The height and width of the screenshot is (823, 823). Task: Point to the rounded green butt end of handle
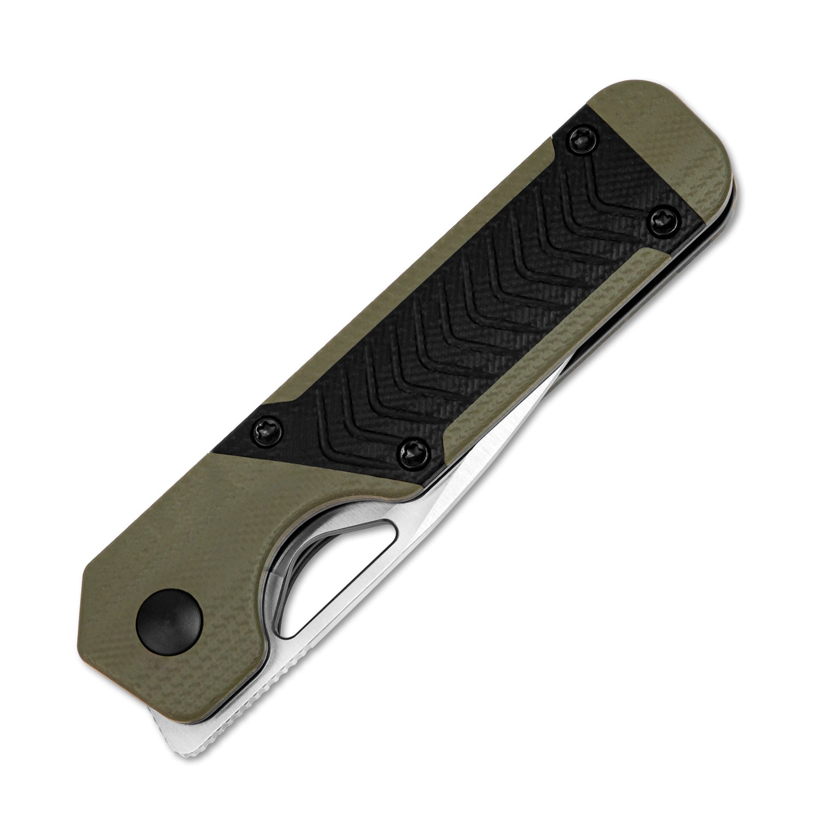697,148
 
